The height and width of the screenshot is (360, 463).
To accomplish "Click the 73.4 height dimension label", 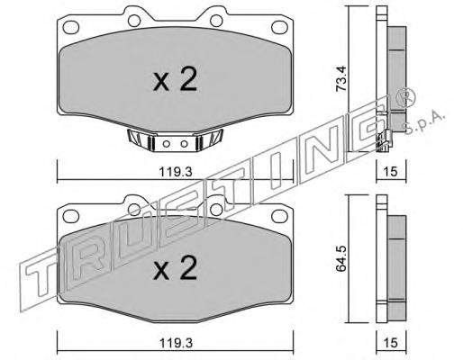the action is pyautogui.click(x=341, y=78).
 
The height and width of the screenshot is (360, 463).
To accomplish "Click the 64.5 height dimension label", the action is pyautogui.click(x=341, y=258).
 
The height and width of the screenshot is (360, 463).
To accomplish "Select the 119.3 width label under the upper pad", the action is pyautogui.click(x=176, y=172).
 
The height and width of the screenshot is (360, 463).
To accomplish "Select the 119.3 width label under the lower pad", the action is pyautogui.click(x=176, y=343).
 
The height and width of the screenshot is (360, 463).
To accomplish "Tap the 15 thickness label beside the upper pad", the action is pyautogui.click(x=391, y=172).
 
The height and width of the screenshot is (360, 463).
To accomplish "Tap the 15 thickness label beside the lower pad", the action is pyautogui.click(x=391, y=343).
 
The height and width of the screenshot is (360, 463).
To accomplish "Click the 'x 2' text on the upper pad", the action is pyautogui.click(x=175, y=79).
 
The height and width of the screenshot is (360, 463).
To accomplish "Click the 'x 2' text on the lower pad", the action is pyautogui.click(x=175, y=268).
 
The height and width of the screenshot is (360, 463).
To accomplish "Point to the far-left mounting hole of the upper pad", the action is pyautogui.click(x=71, y=27).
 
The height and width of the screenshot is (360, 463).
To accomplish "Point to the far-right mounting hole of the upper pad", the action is pyautogui.click(x=279, y=27).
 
